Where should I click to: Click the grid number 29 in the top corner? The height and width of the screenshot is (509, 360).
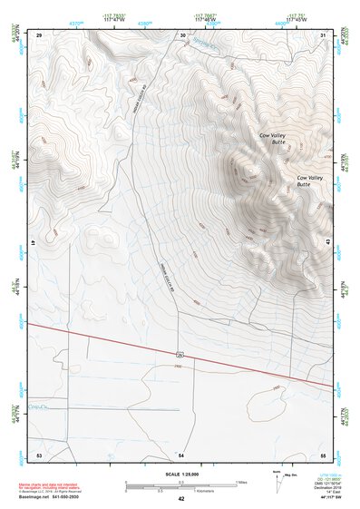coord(39,34)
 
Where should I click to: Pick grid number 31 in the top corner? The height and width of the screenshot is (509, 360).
coord(324,34)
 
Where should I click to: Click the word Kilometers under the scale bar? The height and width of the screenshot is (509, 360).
coord(180,490)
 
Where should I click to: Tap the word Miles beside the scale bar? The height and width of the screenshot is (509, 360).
coord(241,482)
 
